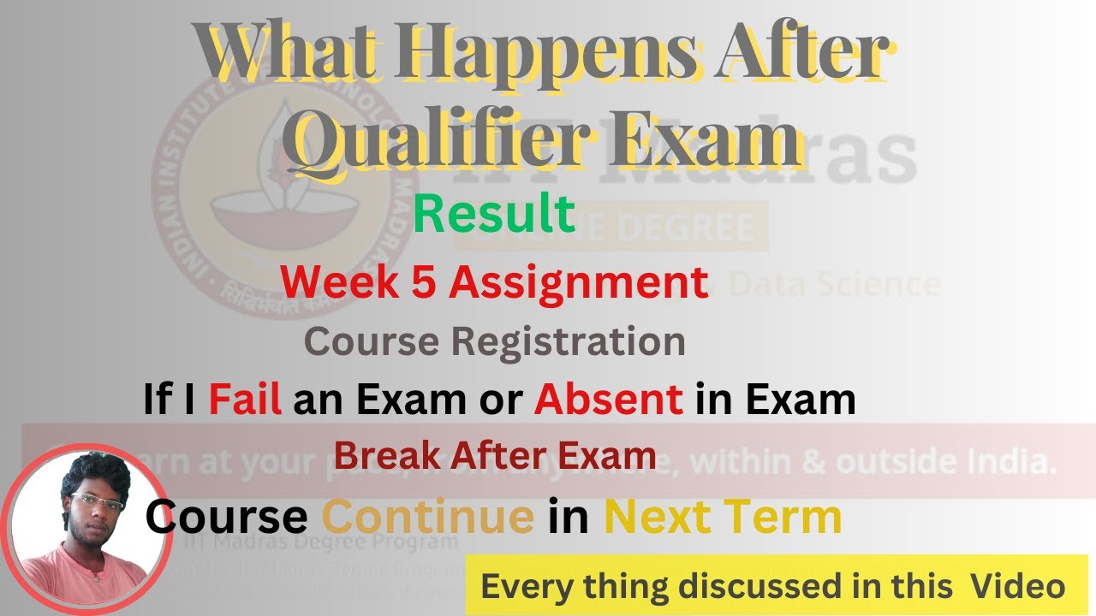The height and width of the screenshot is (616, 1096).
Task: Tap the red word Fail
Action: pos(245,400)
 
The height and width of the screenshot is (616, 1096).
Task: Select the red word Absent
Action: pos(609,400)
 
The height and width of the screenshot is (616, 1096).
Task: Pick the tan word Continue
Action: pos(427,517)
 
